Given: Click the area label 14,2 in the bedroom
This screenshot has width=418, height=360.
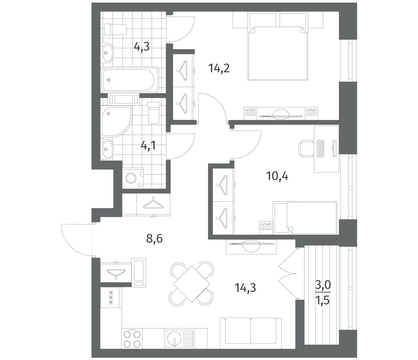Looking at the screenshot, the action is (x=219, y=68).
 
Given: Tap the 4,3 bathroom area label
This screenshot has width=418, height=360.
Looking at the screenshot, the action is (x=142, y=47).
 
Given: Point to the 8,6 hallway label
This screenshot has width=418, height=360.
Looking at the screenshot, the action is (x=154, y=239).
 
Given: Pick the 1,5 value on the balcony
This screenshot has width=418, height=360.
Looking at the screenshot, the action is (x=323, y=301).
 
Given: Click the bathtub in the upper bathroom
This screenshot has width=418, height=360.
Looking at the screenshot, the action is (x=130, y=80).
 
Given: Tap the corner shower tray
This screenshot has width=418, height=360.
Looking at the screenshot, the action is (x=116, y=122).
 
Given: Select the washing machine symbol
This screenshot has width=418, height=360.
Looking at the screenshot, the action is (x=133, y=178).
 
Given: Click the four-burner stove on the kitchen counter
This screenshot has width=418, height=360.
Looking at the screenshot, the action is (x=132, y=338).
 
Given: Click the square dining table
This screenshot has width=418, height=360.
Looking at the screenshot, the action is (x=192, y=284).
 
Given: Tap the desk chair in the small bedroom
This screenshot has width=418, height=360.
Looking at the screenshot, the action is (x=306, y=148).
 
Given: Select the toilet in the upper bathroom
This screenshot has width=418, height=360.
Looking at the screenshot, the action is (x=116, y=30).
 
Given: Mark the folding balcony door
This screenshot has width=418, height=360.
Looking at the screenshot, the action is (x=288, y=274).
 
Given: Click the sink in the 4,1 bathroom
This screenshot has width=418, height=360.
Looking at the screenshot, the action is (x=107, y=149).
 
